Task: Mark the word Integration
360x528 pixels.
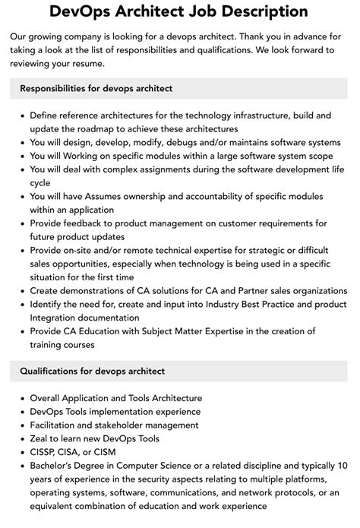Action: tap(58, 318)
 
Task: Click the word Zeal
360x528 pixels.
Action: tap(41, 439)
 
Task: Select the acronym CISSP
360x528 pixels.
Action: tap(46, 452)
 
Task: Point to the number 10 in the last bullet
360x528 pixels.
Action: tap(342, 466)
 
